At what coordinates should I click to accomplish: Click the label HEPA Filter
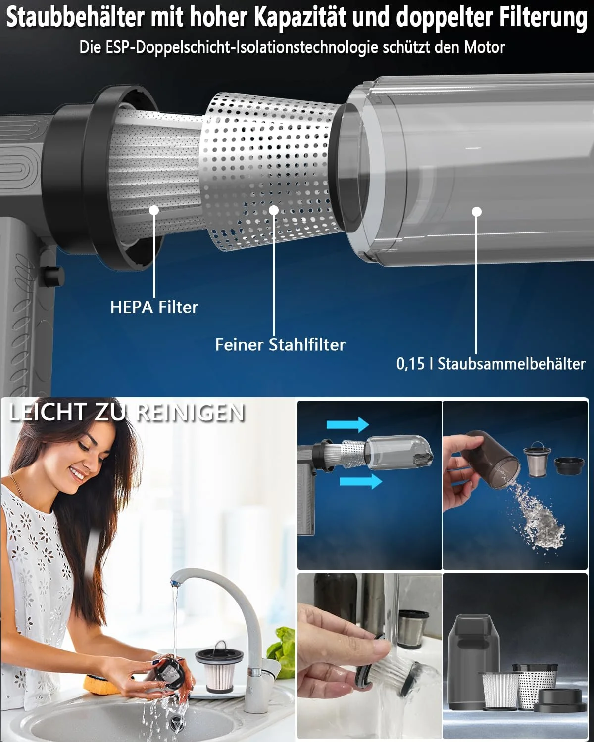154,307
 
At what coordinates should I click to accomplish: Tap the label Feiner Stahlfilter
280,344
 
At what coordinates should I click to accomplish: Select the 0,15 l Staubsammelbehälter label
491,364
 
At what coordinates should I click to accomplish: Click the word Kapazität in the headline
300,17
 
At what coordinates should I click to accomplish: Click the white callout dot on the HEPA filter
154,210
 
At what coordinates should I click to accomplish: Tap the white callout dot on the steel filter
274,210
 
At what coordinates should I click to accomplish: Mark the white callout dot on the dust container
476,211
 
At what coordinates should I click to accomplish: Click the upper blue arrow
347,424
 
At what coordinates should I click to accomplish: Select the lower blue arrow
361,481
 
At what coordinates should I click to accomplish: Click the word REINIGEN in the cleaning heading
191,412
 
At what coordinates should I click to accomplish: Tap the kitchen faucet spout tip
175,584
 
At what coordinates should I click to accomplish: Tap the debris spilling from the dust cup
537,514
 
